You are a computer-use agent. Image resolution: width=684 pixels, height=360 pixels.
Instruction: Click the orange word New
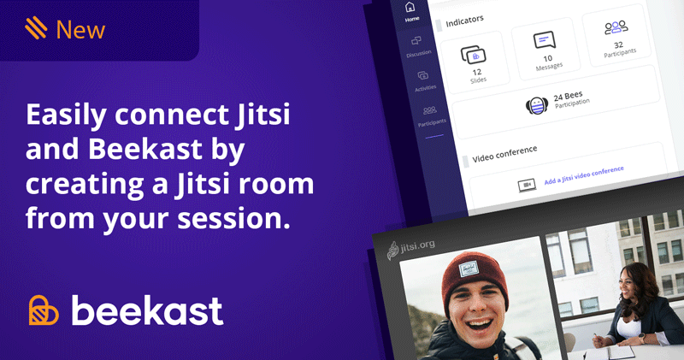point(80,30)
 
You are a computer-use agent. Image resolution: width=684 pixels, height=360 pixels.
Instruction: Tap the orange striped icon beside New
point(36,28)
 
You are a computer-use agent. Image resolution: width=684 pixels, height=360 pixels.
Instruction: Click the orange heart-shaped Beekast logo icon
point(44,310)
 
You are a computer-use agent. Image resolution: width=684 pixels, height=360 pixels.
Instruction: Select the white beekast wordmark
point(147,310)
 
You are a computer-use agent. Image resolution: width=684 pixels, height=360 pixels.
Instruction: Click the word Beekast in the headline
point(145,149)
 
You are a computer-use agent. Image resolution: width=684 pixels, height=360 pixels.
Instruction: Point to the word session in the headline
point(233,219)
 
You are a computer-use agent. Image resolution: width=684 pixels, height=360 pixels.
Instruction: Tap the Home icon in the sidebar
point(410,8)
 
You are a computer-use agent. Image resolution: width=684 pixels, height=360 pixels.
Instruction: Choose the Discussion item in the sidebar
point(418,47)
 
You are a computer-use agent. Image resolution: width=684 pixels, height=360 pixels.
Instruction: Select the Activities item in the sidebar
point(424,81)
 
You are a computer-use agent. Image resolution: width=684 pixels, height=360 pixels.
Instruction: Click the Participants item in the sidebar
point(431,116)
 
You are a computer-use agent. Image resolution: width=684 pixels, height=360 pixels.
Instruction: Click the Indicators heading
point(464,21)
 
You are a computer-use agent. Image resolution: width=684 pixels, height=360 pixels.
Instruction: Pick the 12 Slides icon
point(474,55)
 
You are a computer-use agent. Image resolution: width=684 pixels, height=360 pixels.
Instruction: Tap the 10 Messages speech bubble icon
point(545,40)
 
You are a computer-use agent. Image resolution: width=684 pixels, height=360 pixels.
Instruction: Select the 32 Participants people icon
point(616,27)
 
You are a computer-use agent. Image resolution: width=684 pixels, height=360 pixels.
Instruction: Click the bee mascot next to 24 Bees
point(537,106)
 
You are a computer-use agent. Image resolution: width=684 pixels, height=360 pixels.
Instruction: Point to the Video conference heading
point(504,154)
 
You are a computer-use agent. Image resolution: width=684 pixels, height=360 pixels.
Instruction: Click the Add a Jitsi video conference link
point(584,175)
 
